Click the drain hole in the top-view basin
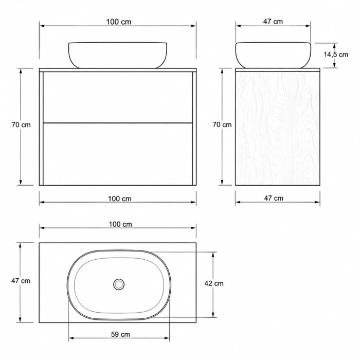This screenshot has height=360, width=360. click(x=119, y=284)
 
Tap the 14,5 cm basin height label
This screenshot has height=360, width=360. click(x=336, y=55)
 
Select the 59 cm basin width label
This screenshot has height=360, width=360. click(x=120, y=334)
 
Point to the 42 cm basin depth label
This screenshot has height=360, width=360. click(x=214, y=283)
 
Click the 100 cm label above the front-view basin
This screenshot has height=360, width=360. click(x=119, y=22)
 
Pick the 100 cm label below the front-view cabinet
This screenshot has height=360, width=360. click(x=120, y=199)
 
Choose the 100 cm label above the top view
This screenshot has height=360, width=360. click(x=120, y=224)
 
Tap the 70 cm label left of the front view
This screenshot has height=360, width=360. click(x=21, y=125)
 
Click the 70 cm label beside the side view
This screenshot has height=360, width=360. click(x=222, y=124)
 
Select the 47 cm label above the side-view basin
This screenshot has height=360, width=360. click(x=273, y=22)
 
